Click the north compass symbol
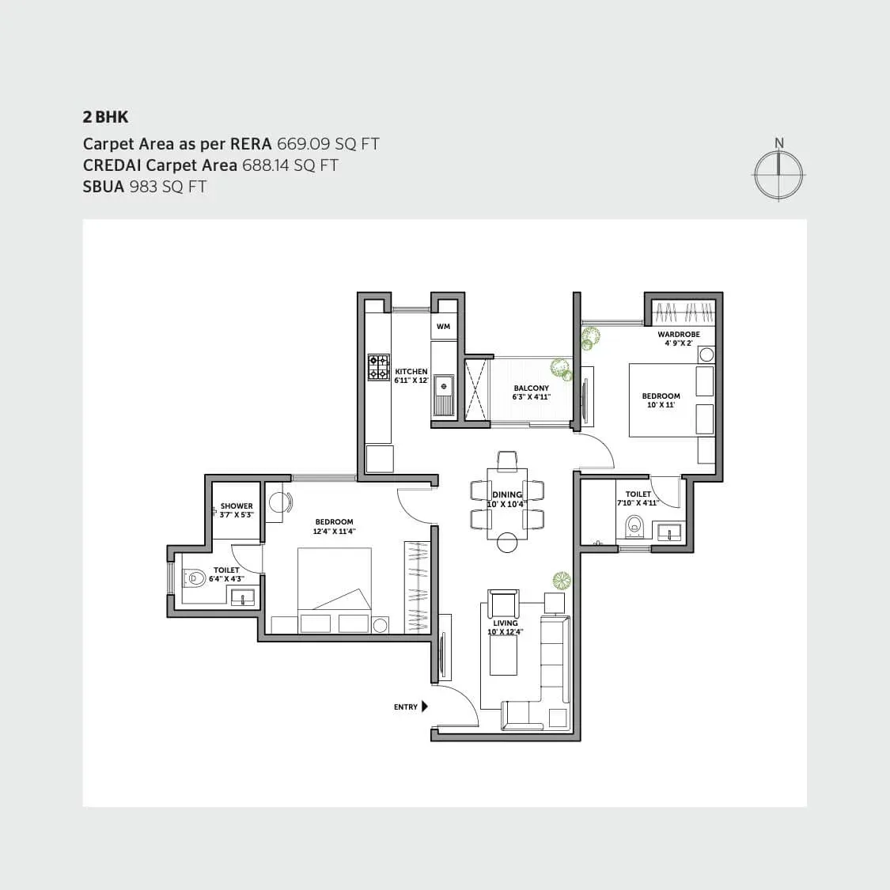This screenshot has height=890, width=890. (x=779, y=172)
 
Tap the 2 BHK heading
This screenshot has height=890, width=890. (x=105, y=117)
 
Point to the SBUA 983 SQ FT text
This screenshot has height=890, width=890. (x=145, y=187)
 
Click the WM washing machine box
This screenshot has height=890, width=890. (x=443, y=327)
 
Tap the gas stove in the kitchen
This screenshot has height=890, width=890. (x=379, y=367)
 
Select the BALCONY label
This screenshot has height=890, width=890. (x=531, y=388)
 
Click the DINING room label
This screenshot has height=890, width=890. (x=507, y=495)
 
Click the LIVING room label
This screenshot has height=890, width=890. (x=506, y=623)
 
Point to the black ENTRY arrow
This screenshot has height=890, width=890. (x=425, y=706)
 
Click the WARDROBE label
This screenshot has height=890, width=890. (x=679, y=335)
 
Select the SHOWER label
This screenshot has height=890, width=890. (x=237, y=506)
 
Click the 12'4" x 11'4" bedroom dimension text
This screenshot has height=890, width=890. (x=334, y=532)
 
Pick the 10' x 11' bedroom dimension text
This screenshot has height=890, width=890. (x=661, y=405)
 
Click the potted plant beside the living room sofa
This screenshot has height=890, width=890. (x=561, y=581)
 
